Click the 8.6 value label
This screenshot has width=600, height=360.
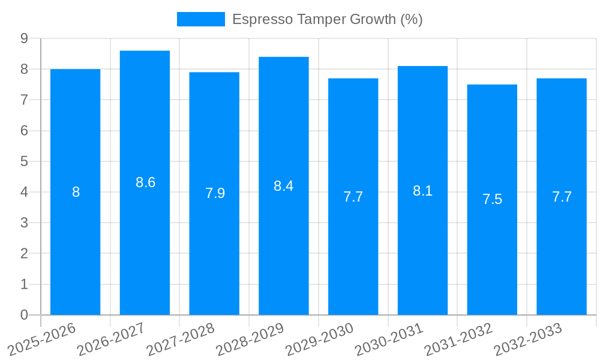[145, 183]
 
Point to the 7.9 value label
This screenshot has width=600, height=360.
[215, 193]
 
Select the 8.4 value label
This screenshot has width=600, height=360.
[284, 186]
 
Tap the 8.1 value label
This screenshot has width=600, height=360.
[422, 191]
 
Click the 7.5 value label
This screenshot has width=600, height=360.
[492, 200]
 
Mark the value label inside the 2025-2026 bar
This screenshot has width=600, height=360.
[76, 193]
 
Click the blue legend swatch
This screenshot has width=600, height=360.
[200, 19]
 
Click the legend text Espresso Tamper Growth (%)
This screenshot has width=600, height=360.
[327, 19]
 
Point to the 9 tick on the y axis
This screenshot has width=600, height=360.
[25, 38]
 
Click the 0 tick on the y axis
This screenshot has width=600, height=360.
[25, 315]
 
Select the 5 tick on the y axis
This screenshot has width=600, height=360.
[25, 161]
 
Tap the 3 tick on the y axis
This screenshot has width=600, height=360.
[25, 223]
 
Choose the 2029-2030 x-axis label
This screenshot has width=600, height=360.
[320, 340]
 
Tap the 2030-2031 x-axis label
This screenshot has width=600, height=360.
[389, 340]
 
